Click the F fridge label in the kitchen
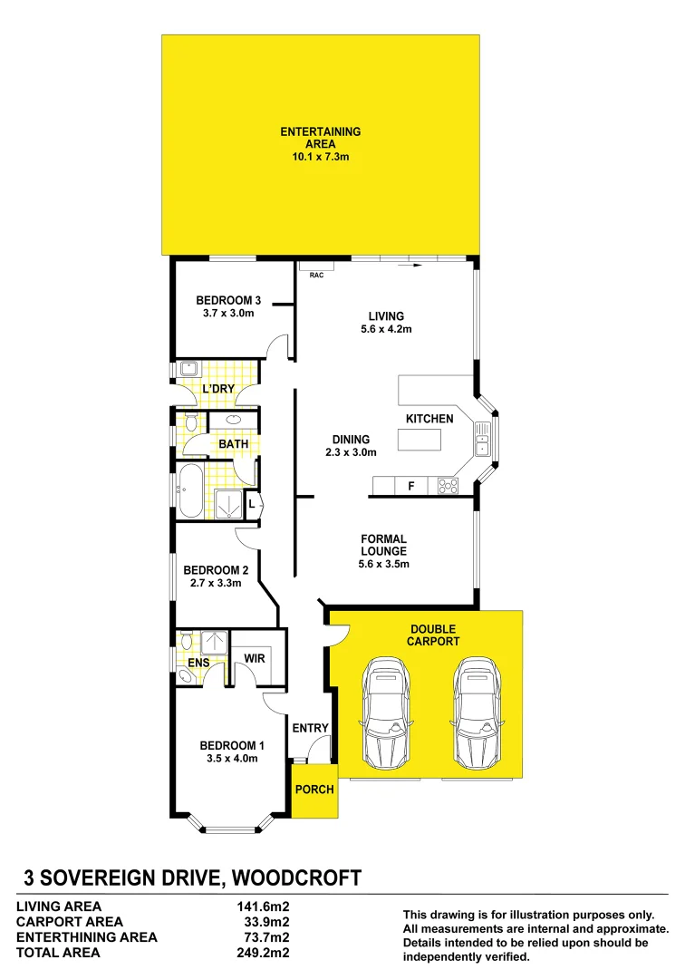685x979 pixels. (x=410, y=487)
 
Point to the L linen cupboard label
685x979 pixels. (x=250, y=505)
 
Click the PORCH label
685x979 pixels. (x=314, y=789)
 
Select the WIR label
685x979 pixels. (x=255, y=658)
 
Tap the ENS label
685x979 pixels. (x=198, y=663)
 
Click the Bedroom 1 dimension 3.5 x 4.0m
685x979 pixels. (x=229, y=759)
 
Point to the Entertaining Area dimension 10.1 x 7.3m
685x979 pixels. (x=320, y=157)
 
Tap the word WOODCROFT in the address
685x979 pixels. (x=297, y=877)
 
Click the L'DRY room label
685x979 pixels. (x=218, y=388)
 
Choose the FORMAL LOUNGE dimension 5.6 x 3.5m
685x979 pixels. (x=383, y=564)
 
